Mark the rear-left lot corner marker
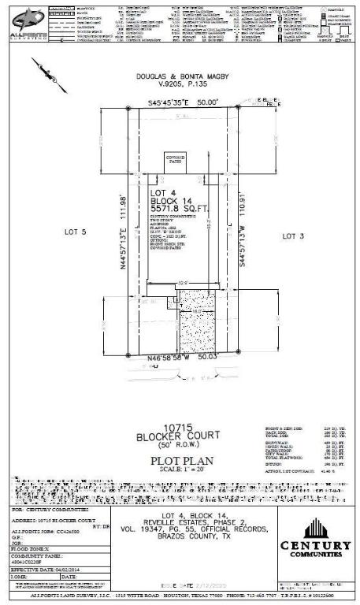[128, 109]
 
